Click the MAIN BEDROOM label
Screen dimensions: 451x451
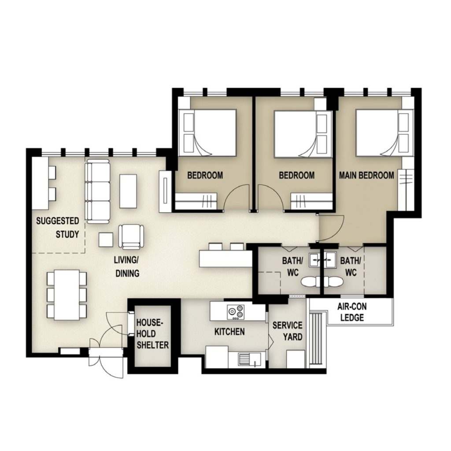[366, 175]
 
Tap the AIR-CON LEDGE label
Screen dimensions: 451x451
[352, 312]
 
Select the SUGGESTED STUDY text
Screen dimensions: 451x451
[58, 228]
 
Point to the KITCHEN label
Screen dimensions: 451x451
[229, 332]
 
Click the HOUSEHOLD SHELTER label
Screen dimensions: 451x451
[152, 334]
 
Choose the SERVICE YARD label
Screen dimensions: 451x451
[287, 331]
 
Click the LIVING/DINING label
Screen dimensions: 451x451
[127, 266]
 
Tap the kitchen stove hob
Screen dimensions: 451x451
[236, 312]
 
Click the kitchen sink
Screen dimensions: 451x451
[249, 359]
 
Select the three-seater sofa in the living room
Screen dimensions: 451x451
[98, 191]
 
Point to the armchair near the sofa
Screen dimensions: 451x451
[131, 237]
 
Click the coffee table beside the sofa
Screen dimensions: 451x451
[128, 191]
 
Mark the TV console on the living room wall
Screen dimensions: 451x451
[165, 192]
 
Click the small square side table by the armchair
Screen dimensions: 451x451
[106, 240]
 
